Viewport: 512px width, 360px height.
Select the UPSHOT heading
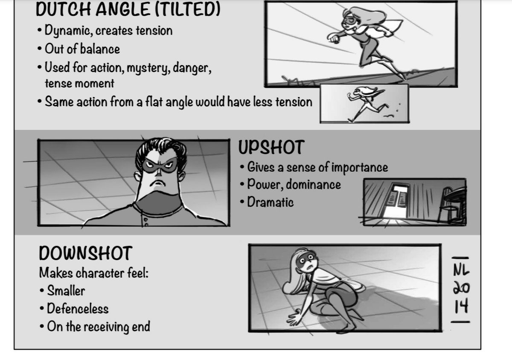pyautogui.click(x=271, y=147)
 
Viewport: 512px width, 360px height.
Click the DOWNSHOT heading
pyautogui.click(x=86, y=253)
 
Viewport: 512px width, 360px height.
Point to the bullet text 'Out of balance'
pyautogui.click(x=82, y=49)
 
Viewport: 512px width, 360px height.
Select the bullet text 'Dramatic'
pyautogui.click(x=271, y=202)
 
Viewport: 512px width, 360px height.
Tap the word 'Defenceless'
pyautogui.click(x=78, y=308)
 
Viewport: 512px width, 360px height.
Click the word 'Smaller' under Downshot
pyautogui.click(x=66, y=291)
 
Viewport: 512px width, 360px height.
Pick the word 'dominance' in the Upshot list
pyautogui.click(x=313, y=184)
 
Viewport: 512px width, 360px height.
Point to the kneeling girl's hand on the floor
pyautogui.click(x=295, y=317)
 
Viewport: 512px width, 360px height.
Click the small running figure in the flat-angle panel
pyautogui.click(x=367, y=103)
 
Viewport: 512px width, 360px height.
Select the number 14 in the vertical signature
pyautogui.click(x=461, y=306)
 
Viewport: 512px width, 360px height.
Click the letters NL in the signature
pyautogui.click(x=461, y=271)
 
